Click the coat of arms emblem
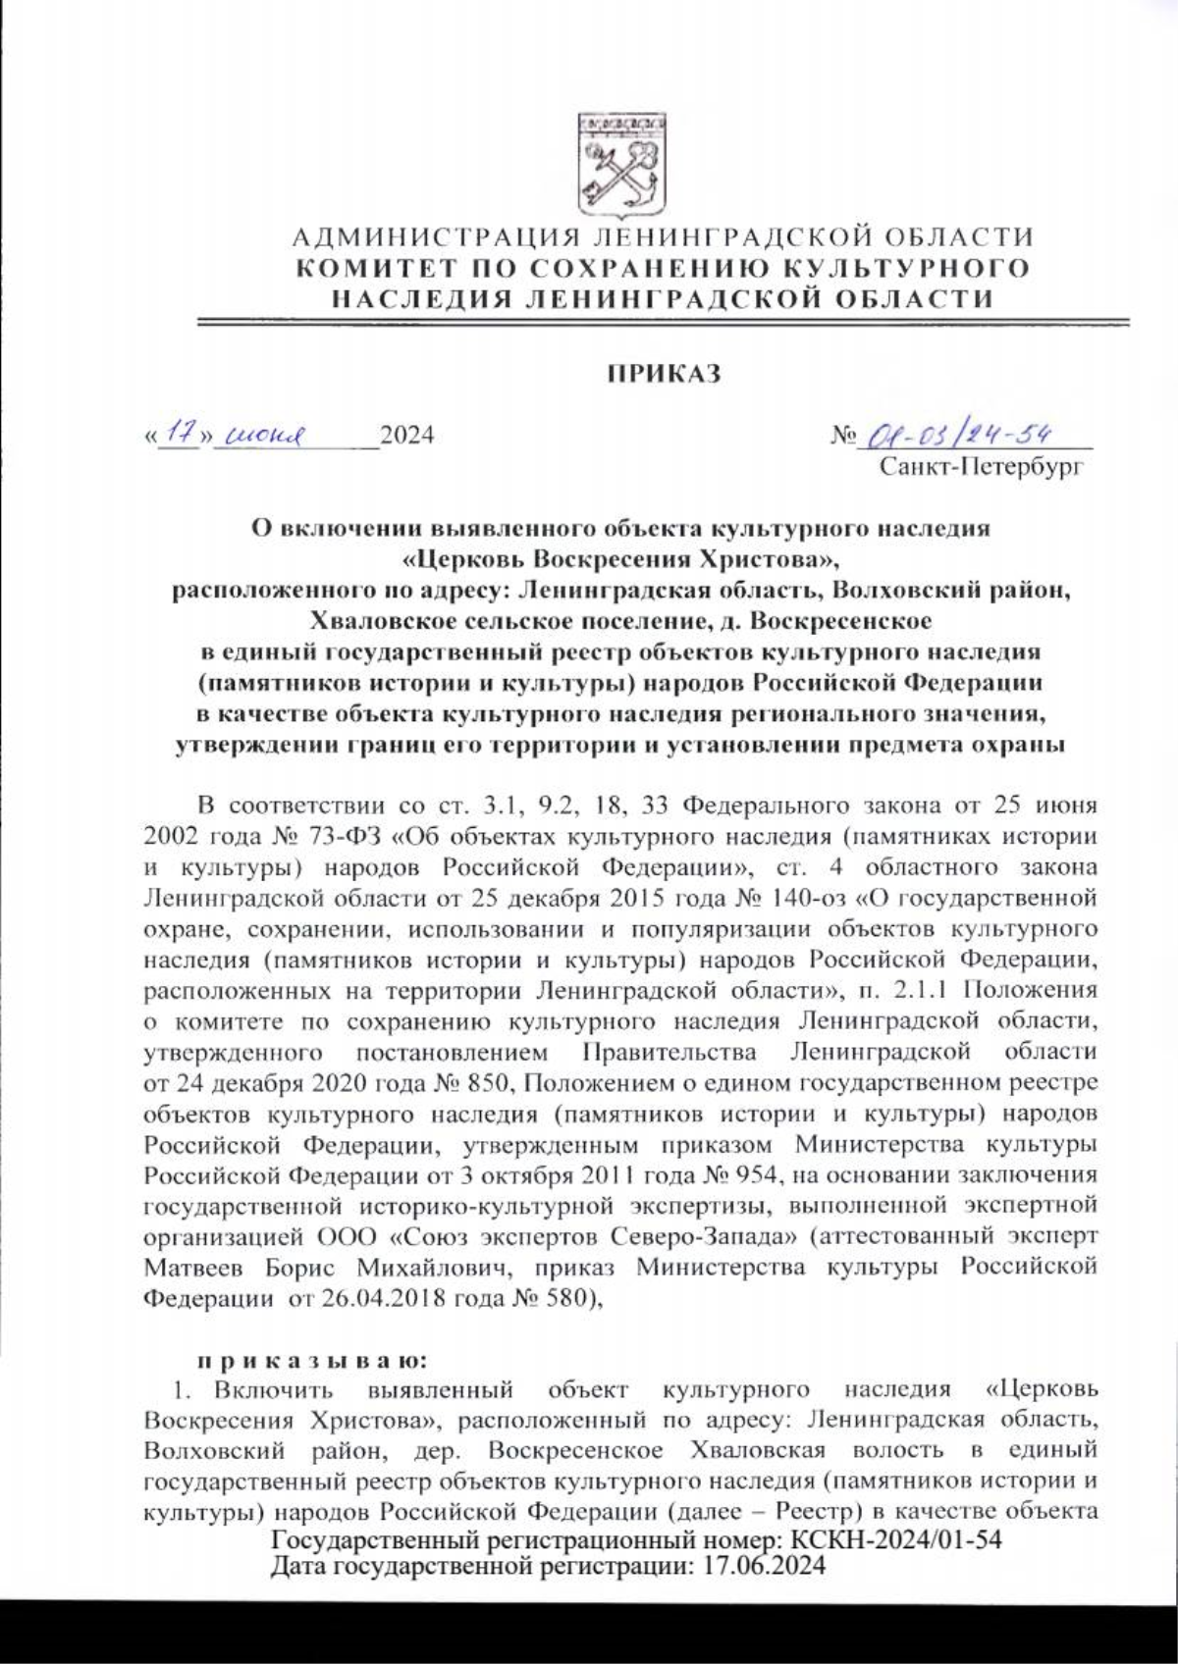coord(619,166)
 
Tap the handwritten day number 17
coord(178,433)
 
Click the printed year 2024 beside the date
coord(406,435)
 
